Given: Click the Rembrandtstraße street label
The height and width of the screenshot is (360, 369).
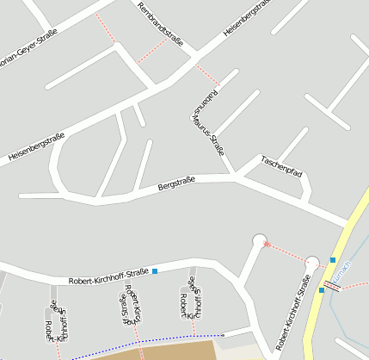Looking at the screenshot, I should (165, 29).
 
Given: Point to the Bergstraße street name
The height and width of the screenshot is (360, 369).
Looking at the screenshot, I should (177, 183).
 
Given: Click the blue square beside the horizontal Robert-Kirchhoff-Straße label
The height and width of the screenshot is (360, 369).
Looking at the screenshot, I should (156, 272).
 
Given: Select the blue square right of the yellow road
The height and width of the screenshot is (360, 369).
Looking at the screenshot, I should (333, 259).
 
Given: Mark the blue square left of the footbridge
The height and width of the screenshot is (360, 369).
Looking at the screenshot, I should (321, 289).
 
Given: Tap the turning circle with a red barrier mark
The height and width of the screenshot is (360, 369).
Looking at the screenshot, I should (260, 240).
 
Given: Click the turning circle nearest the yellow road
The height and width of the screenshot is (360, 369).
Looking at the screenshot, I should (312, 263).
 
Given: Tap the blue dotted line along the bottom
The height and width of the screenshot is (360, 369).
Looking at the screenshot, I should (146, 343).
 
